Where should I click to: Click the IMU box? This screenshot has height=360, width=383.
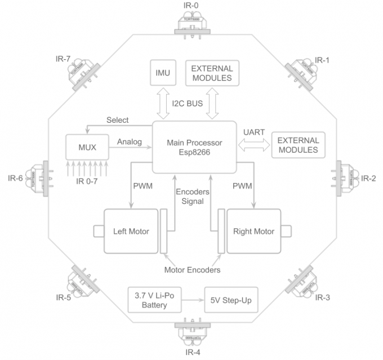point(163,73)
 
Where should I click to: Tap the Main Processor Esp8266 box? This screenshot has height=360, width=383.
point(194,147)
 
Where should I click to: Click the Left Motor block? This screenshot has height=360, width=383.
point(131,232)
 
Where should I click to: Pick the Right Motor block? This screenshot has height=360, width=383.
point(253,232)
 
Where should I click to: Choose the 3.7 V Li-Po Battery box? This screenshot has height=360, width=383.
point(155,300)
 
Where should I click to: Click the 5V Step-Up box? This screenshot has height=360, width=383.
point(230,300)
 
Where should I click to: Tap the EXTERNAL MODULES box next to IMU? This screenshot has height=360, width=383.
point(211,73)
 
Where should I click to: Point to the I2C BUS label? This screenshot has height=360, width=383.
point(188,103)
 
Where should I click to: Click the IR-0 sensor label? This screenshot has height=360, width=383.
point(191,6)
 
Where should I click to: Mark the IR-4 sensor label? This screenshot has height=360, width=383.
point(191,353)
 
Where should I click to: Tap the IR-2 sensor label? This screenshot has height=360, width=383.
point(368,179)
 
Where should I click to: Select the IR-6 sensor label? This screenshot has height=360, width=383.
point(15,179)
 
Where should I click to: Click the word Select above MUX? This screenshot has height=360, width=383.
point(117,120)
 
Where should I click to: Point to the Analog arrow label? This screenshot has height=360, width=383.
point(130,142)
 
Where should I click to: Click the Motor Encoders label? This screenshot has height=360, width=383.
point(192,270)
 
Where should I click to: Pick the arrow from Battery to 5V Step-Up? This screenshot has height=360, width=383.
point(193,300)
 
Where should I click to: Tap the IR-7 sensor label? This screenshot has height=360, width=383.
point(63,59)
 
